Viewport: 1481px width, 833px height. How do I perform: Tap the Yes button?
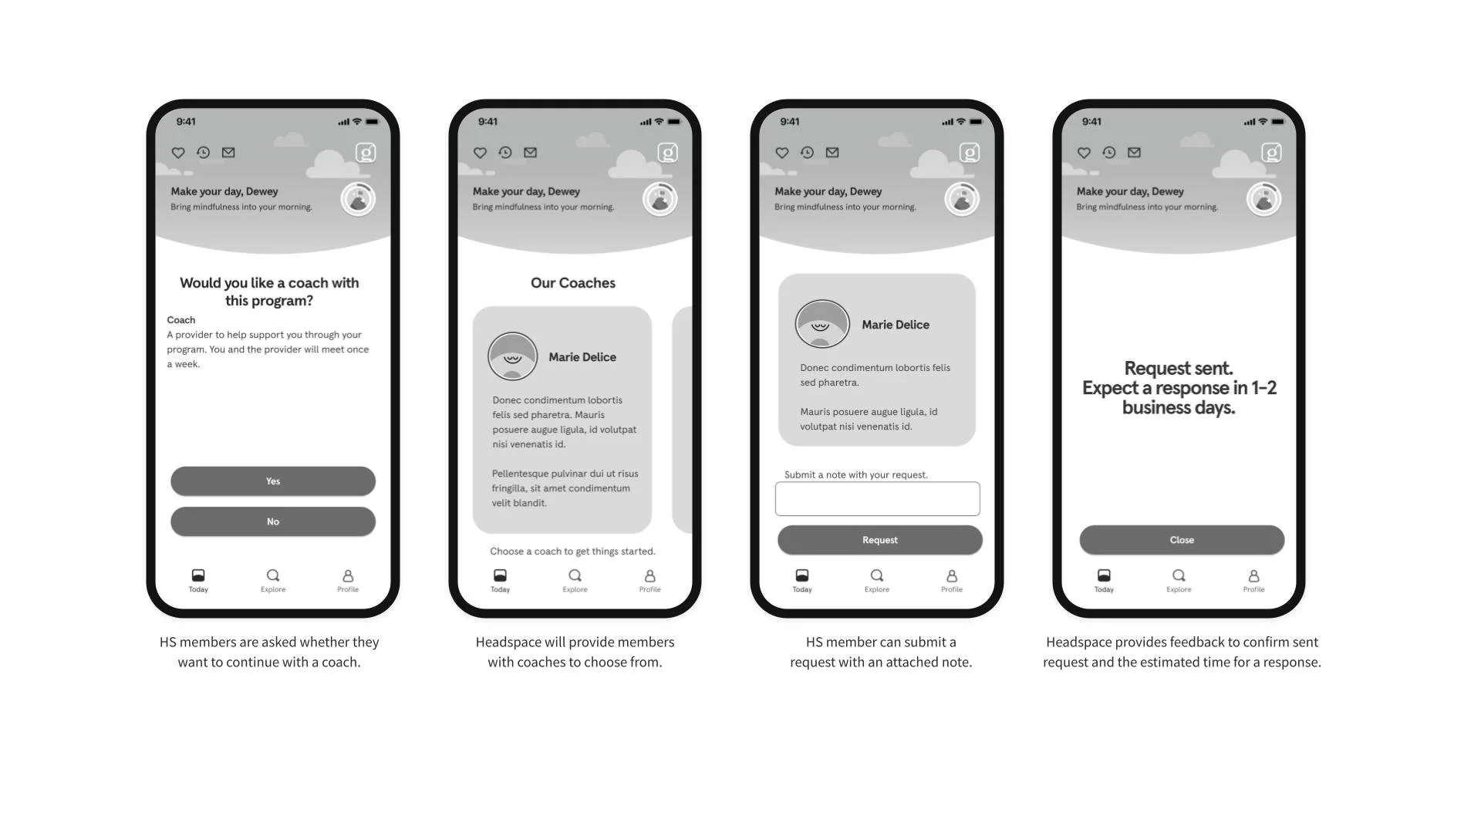[x=273, y=481]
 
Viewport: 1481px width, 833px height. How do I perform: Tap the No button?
[x=273, y=521]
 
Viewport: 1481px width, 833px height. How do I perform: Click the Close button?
[x=1182, y=540]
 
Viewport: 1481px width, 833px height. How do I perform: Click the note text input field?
[x=878, y=499]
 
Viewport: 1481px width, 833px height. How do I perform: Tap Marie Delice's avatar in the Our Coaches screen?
[x=512, y=356]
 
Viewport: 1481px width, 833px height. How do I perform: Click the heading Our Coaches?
[x=573, y=283]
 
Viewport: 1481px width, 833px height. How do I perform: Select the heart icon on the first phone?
[x=178, y=153]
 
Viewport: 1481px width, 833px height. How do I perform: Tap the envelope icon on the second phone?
[x=531, y=153]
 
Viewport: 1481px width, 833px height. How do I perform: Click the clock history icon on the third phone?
[x=807, y=153]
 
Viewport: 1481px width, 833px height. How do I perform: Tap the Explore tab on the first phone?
[x=273, y=581]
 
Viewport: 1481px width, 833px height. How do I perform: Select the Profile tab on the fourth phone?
[x=1253, y=581]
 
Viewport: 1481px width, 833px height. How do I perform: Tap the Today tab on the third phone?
[x=802, y=581]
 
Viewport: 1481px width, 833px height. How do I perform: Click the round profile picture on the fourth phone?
[x=1264, y=199]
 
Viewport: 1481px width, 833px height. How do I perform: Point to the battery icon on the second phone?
[x=674, y=122]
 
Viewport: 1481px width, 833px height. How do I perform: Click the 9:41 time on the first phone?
[x=186, y=122]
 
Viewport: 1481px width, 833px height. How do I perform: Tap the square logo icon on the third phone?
[x=970, y=153]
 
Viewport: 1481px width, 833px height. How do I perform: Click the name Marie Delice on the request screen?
[x=896, y=325]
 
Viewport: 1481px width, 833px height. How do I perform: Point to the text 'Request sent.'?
[x=1179, y=368]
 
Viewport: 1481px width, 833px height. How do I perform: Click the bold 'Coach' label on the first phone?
[x=181, y=320]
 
